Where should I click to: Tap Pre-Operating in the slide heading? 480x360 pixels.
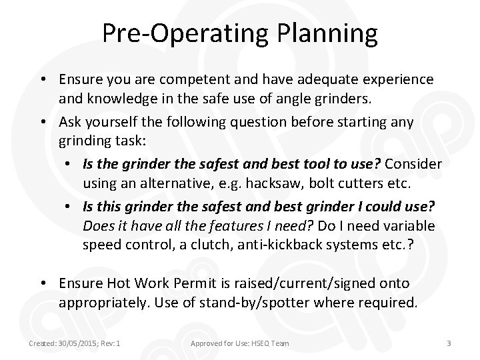[x=181, y=33]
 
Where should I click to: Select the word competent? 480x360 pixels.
[x=191, y=79]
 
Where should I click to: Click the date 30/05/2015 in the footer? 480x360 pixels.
[x=75, y=343]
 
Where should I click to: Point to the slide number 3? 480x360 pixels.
[x=449, y=343]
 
